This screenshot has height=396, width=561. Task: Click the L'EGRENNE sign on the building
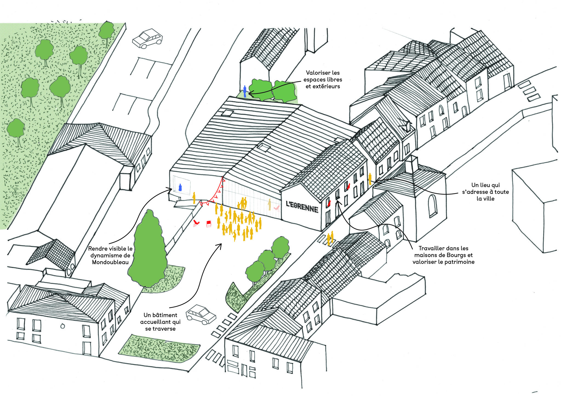click(302, 207)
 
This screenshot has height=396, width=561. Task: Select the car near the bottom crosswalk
click(201, 315)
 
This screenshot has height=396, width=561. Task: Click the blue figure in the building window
click(180, 187)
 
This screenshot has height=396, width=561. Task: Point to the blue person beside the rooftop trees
click(245, 91)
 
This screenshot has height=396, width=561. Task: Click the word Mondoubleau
click(110, 262)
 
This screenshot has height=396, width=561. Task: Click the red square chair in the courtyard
click(209, 224)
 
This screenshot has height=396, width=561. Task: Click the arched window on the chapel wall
click(433, 206)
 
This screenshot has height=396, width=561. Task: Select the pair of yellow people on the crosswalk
click(330, 238)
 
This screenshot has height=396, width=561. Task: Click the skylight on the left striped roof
click(228, 112)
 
